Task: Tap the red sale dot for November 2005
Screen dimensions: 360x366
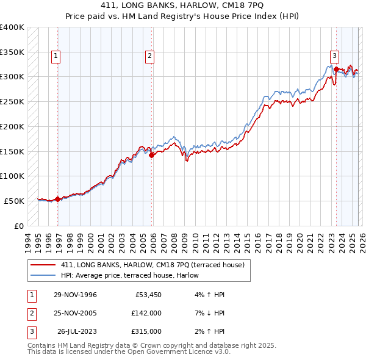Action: [x=152, y=155]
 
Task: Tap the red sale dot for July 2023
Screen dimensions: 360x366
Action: [x=336, y=69]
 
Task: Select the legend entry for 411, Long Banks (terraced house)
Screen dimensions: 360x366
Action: [x=152, y=265]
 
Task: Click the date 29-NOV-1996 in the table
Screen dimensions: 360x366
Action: [x=75, y=295]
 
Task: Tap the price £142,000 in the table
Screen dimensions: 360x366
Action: [x=146, y=314]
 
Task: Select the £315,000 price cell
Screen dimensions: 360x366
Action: [x=146, y=332]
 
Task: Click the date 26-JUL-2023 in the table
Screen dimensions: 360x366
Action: [x=76, y=332]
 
